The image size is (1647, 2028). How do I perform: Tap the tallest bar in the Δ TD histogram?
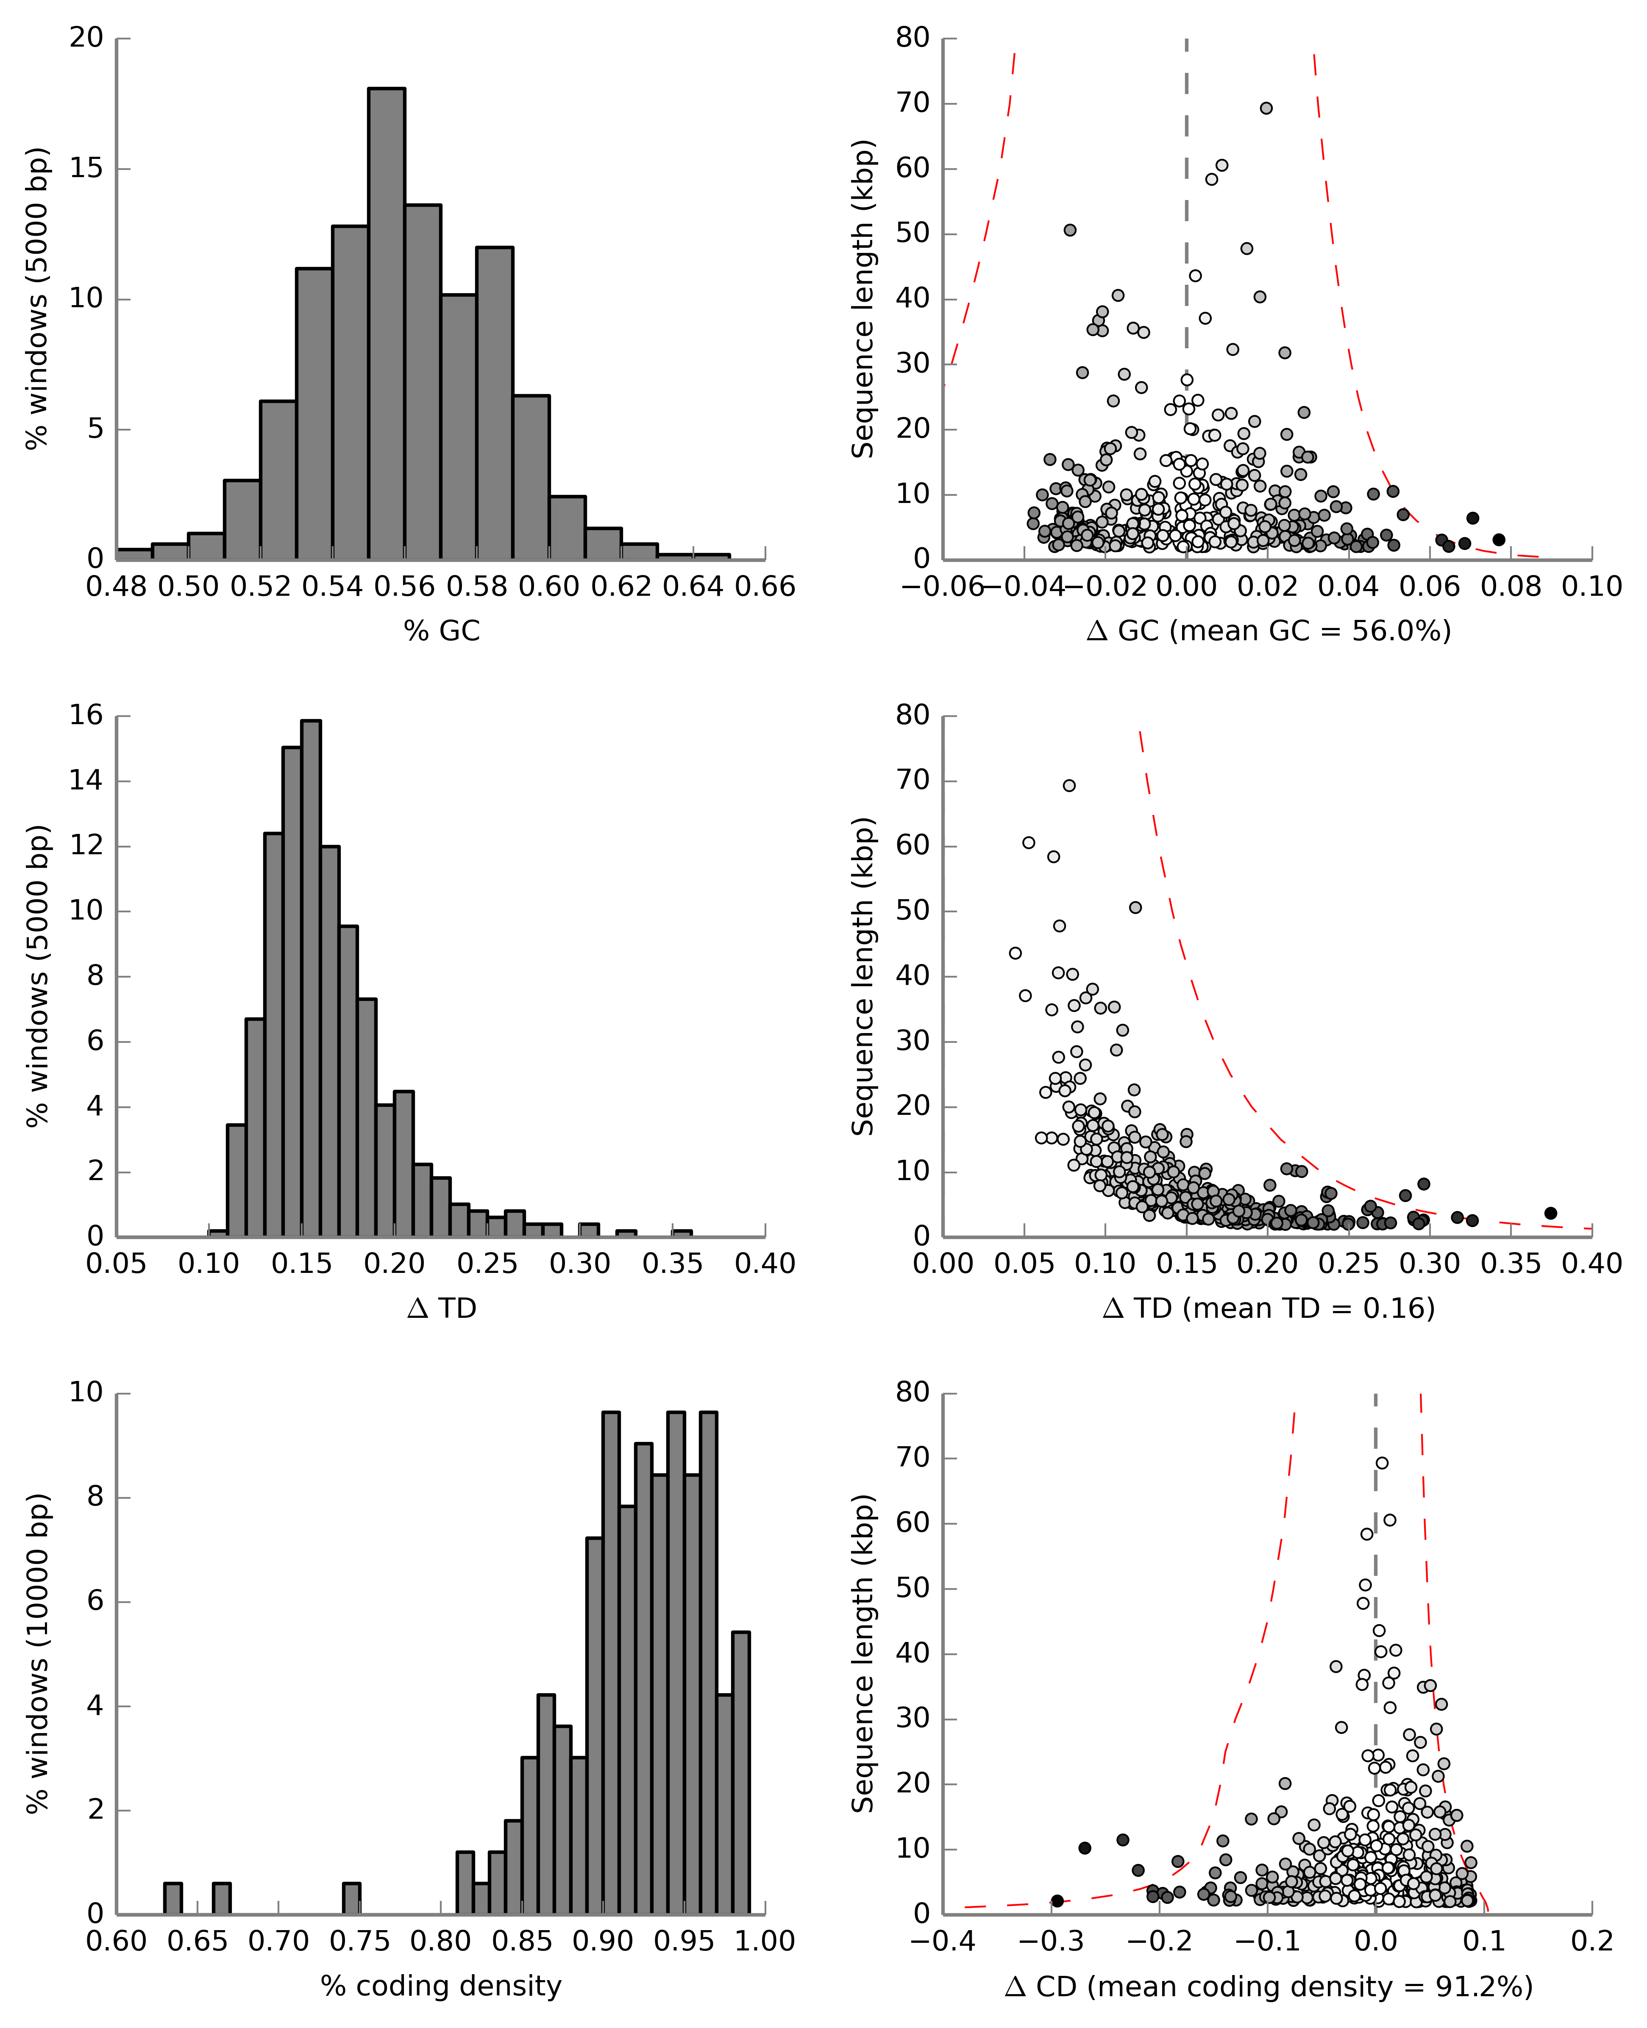coord(310,977)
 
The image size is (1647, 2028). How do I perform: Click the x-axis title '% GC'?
coord(441,631)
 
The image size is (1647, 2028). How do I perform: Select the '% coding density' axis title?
coord(441,1985)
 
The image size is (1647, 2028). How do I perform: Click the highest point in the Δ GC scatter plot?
coord(1266,108)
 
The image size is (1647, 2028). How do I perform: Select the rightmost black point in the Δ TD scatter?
coord(1550,1213)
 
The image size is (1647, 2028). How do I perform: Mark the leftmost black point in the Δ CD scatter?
coord(1057,1901)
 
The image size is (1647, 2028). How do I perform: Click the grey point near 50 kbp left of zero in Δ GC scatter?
coord(1069,231)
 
